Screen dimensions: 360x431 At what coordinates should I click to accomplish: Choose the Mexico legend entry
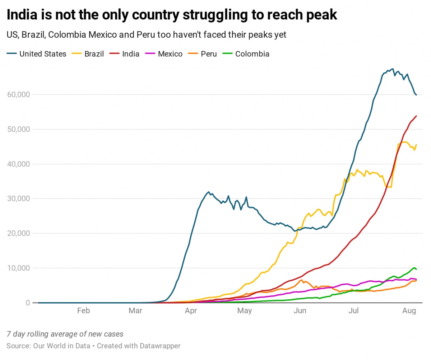[167, 54]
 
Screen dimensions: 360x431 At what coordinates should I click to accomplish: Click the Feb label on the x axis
[83, 311]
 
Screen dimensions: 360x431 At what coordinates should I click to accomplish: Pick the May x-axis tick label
[245, 311]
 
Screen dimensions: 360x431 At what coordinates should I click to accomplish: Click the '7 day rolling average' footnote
[65, 334]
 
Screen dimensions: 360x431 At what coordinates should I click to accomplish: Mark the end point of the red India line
[416, 116]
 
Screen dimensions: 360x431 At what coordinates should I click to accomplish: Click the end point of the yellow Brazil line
[416, 145]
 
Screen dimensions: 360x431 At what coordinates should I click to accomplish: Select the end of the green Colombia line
[416, 269]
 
